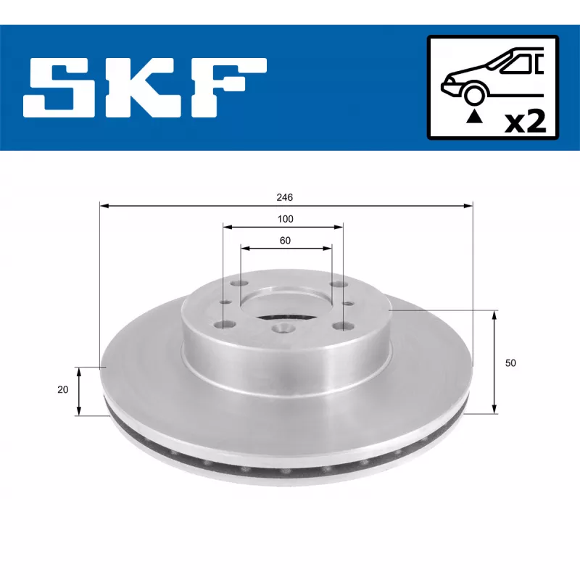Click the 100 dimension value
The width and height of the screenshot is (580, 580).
tap(284, 219)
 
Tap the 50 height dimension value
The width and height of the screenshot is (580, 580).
tap(510, 363)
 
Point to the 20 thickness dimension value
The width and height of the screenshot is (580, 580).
tap(63, 390)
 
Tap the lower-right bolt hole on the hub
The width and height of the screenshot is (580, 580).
tap(337, 326)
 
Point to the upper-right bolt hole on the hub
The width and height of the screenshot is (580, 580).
tap(333, 285)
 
